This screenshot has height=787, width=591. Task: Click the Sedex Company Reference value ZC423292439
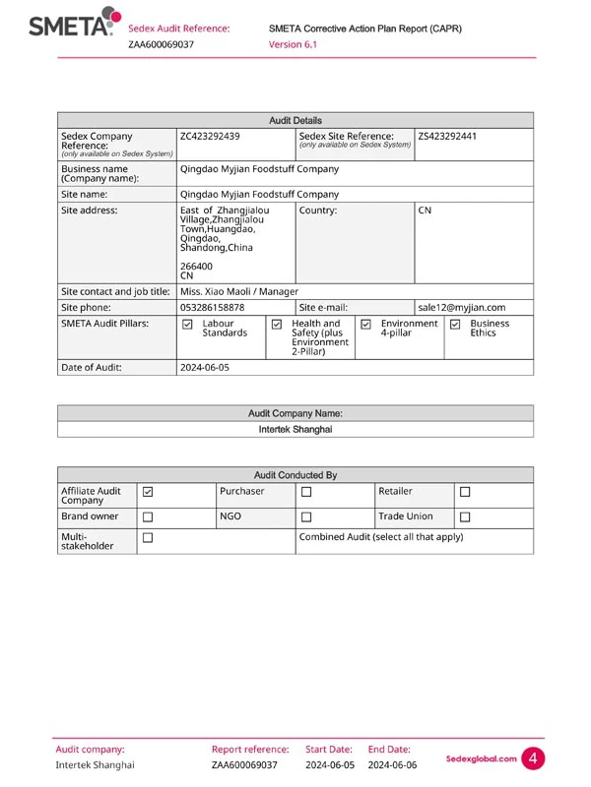[210, 136]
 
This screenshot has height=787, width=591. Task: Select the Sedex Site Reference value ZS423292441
[448, 136]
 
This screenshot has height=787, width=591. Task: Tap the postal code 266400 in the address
[197, 266]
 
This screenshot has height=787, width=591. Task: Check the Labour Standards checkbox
[188, 324]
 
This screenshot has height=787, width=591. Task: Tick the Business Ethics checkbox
[455, 324]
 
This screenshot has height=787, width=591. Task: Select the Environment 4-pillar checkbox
[365, 324]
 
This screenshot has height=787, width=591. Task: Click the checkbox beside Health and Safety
[277, 324]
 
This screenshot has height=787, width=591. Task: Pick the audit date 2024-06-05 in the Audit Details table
[205, 367]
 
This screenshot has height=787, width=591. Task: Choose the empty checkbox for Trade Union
[466, 515]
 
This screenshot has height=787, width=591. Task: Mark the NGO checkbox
[306, 515]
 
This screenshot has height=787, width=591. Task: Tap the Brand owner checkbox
[148, 515]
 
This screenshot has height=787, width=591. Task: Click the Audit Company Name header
[295, 414]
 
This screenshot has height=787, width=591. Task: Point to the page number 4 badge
[533, 758]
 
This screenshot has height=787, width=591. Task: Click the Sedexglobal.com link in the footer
[482, 758]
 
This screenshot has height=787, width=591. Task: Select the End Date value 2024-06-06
[393, 764]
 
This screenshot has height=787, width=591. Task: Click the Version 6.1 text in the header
[293, 44]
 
